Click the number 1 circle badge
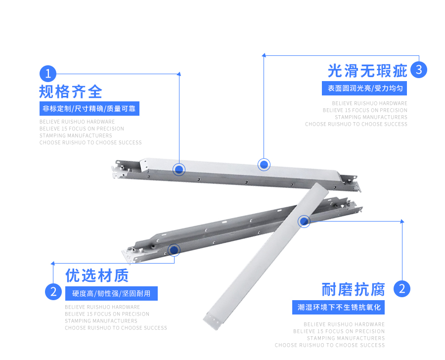pyautogui.click(x=48, y=74)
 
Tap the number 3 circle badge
pyautogui.click(x=418, y=70)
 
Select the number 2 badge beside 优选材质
pyautogui.click(x=53, y=291)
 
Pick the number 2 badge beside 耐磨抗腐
pyautogui.click(x=402, y=288)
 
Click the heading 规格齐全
pyautogui.click(x=71, y=91)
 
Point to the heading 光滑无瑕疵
pyautogui.click(x=367, y=71)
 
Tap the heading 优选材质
pyautogui.click(x=97, y=275)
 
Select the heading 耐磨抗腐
pyautogui.click(x=353, y=289)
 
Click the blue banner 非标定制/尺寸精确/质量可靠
pyautogui.click(x=89, y=108)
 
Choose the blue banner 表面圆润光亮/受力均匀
pyautogui.click(x=364, y=89)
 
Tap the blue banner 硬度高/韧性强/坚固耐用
pyautogui.click(x=111, y=293)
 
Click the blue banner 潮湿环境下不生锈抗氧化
pyautogui.click(x=339, y=307)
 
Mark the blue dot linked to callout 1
pyautogui.click(x=179, y=169)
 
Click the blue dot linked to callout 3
pyautogui.click(x=265, y=164)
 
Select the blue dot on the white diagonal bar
pyautogui.click(x=304, y=221)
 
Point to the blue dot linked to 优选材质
pyautogui.click(x=174, y=250)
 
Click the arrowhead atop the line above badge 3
pyautogui.click(x=264, y=55)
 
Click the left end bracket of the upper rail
pyautogui.click(x=119, y=168)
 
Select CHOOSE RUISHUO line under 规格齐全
pyautogui.click(x=90, y=142)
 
